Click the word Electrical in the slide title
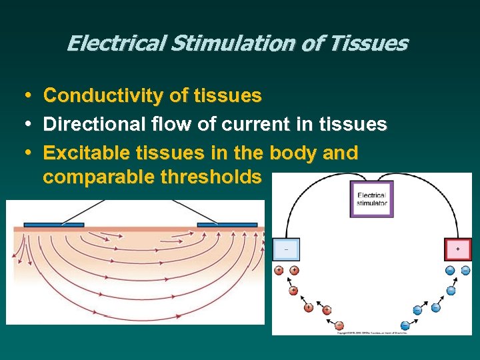coord(114,44)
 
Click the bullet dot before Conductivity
coord(25,96)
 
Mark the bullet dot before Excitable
coord(25,153)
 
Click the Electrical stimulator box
coord(371,199)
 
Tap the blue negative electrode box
coord(287,249)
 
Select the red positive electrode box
coord(457,249)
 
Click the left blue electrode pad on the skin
coord(54,225)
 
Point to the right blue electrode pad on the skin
coord(227,225)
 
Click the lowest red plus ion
coord(339,325)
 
